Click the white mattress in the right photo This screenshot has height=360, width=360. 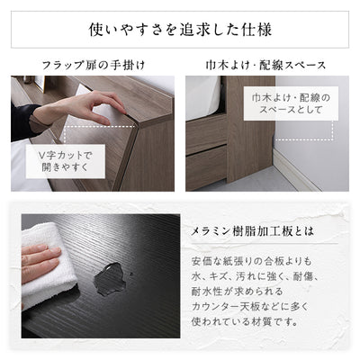point(203,94)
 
